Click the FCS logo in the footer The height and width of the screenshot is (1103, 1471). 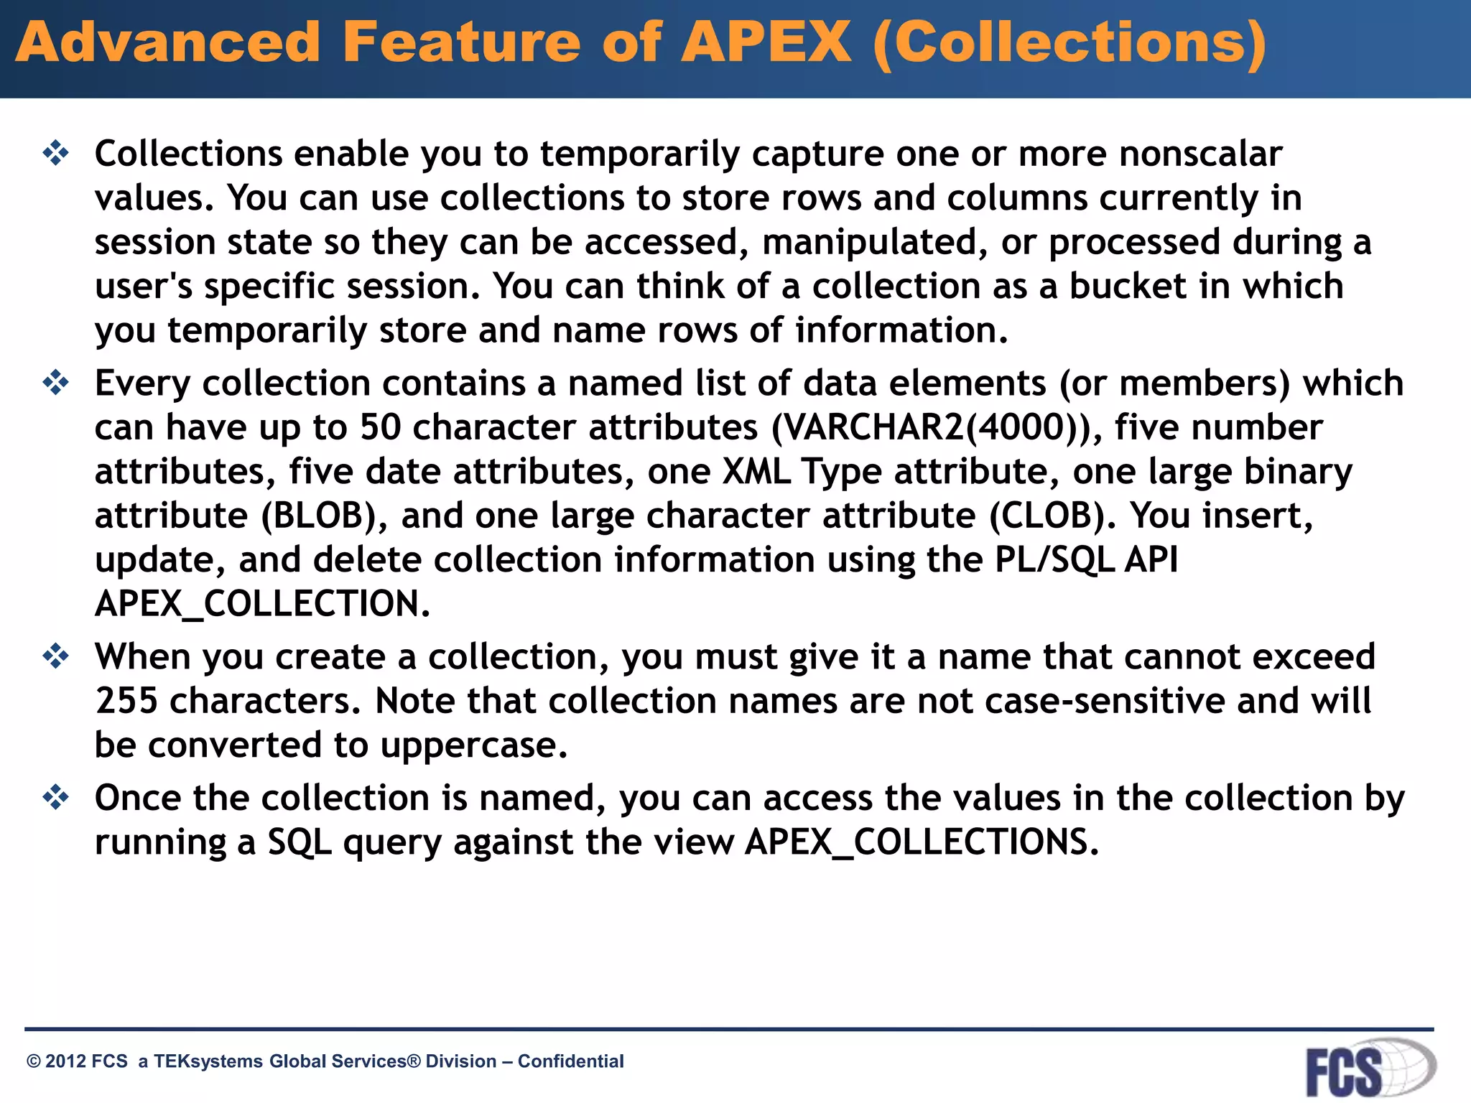coord(1369,1069)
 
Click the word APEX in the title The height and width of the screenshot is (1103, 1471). coord(766,43)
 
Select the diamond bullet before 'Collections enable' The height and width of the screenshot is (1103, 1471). coord(55,153)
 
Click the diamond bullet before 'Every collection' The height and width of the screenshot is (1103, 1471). coord(55,383)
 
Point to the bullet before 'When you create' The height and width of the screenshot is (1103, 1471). coord(55,656)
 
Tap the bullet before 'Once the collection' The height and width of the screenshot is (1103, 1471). coord(55,797)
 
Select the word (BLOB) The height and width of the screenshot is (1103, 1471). coord(324,516)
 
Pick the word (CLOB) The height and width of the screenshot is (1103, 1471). coord(1052,516)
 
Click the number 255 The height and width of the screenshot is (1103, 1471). coord(126,701)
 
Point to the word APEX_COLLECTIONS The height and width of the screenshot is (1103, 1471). coord(921,842)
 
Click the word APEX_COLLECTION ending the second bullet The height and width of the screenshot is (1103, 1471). coord(262,604)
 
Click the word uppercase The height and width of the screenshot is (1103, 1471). coord(473,745)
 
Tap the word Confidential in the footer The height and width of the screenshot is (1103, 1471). coord(570,1061)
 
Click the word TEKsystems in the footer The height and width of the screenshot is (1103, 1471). coord(208,1061)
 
